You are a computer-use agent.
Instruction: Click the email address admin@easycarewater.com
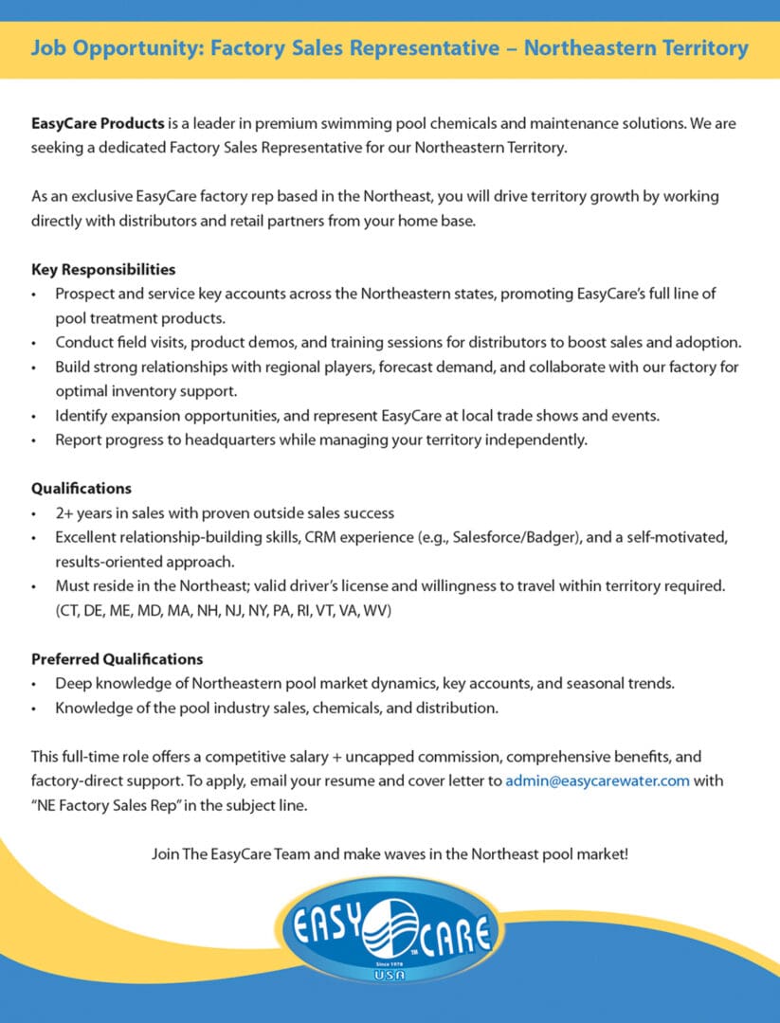597,781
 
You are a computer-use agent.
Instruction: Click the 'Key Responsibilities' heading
103,270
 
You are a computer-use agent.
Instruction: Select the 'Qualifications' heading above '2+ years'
82,489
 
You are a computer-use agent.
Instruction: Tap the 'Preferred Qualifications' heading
117,658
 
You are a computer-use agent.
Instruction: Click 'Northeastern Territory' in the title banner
636,48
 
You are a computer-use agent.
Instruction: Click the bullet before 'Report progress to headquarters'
35,440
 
